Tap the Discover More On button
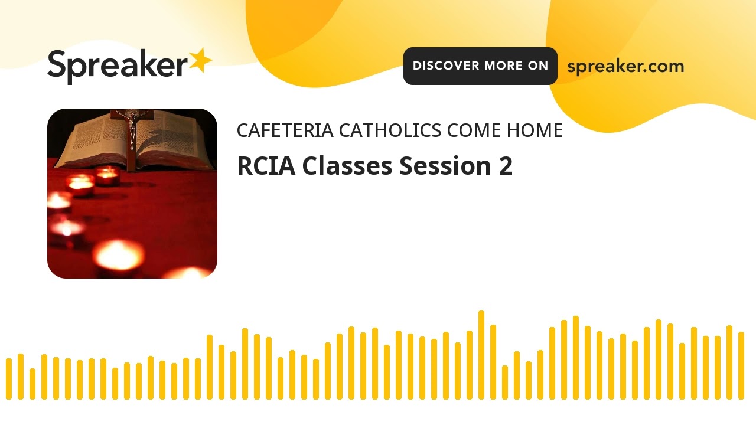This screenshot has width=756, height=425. (480, 66)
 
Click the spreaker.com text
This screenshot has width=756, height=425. (625, 66)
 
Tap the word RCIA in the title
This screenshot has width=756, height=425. (266, 166)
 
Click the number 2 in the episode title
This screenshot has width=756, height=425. (505, 166)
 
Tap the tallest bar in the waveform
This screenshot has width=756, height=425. (481, 354)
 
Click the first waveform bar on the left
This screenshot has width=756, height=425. (9, 378)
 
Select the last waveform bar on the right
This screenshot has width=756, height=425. (741, 365)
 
